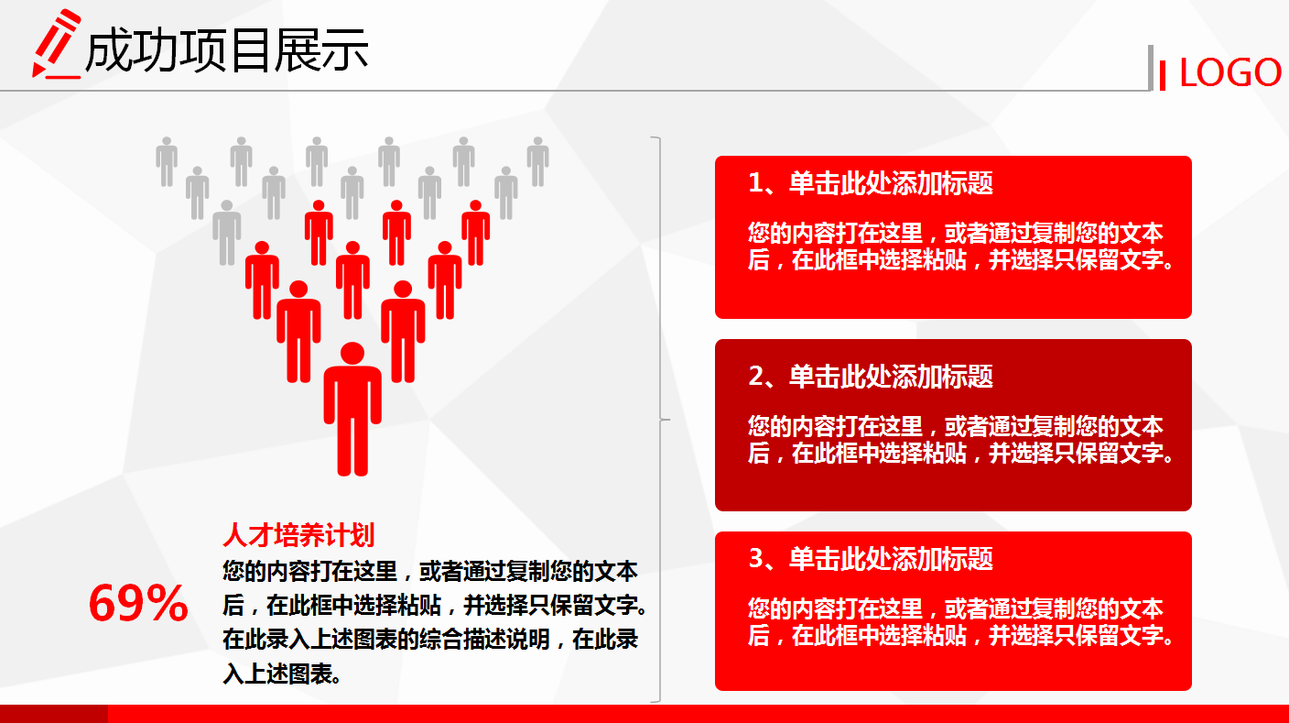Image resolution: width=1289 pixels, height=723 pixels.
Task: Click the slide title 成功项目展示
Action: pos(226,50)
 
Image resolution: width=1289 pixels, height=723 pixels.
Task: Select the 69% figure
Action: pos(138,604)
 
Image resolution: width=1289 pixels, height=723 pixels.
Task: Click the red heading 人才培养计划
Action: pos(298,535)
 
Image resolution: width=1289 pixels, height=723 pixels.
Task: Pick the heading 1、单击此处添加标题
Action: pos(871,183)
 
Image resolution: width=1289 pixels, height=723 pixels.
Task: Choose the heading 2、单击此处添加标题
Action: pos(871,376)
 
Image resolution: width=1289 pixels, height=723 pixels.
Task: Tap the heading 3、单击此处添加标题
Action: pos(871,558)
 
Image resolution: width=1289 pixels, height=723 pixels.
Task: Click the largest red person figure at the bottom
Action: pos(352,412)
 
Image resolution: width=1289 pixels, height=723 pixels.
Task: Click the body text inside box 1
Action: pos(960,246)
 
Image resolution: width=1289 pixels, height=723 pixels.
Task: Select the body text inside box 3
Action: pos(960,622)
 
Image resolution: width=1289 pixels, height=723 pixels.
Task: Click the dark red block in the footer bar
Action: pos(53,714)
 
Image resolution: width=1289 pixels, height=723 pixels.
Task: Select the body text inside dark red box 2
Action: pos(960,439)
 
